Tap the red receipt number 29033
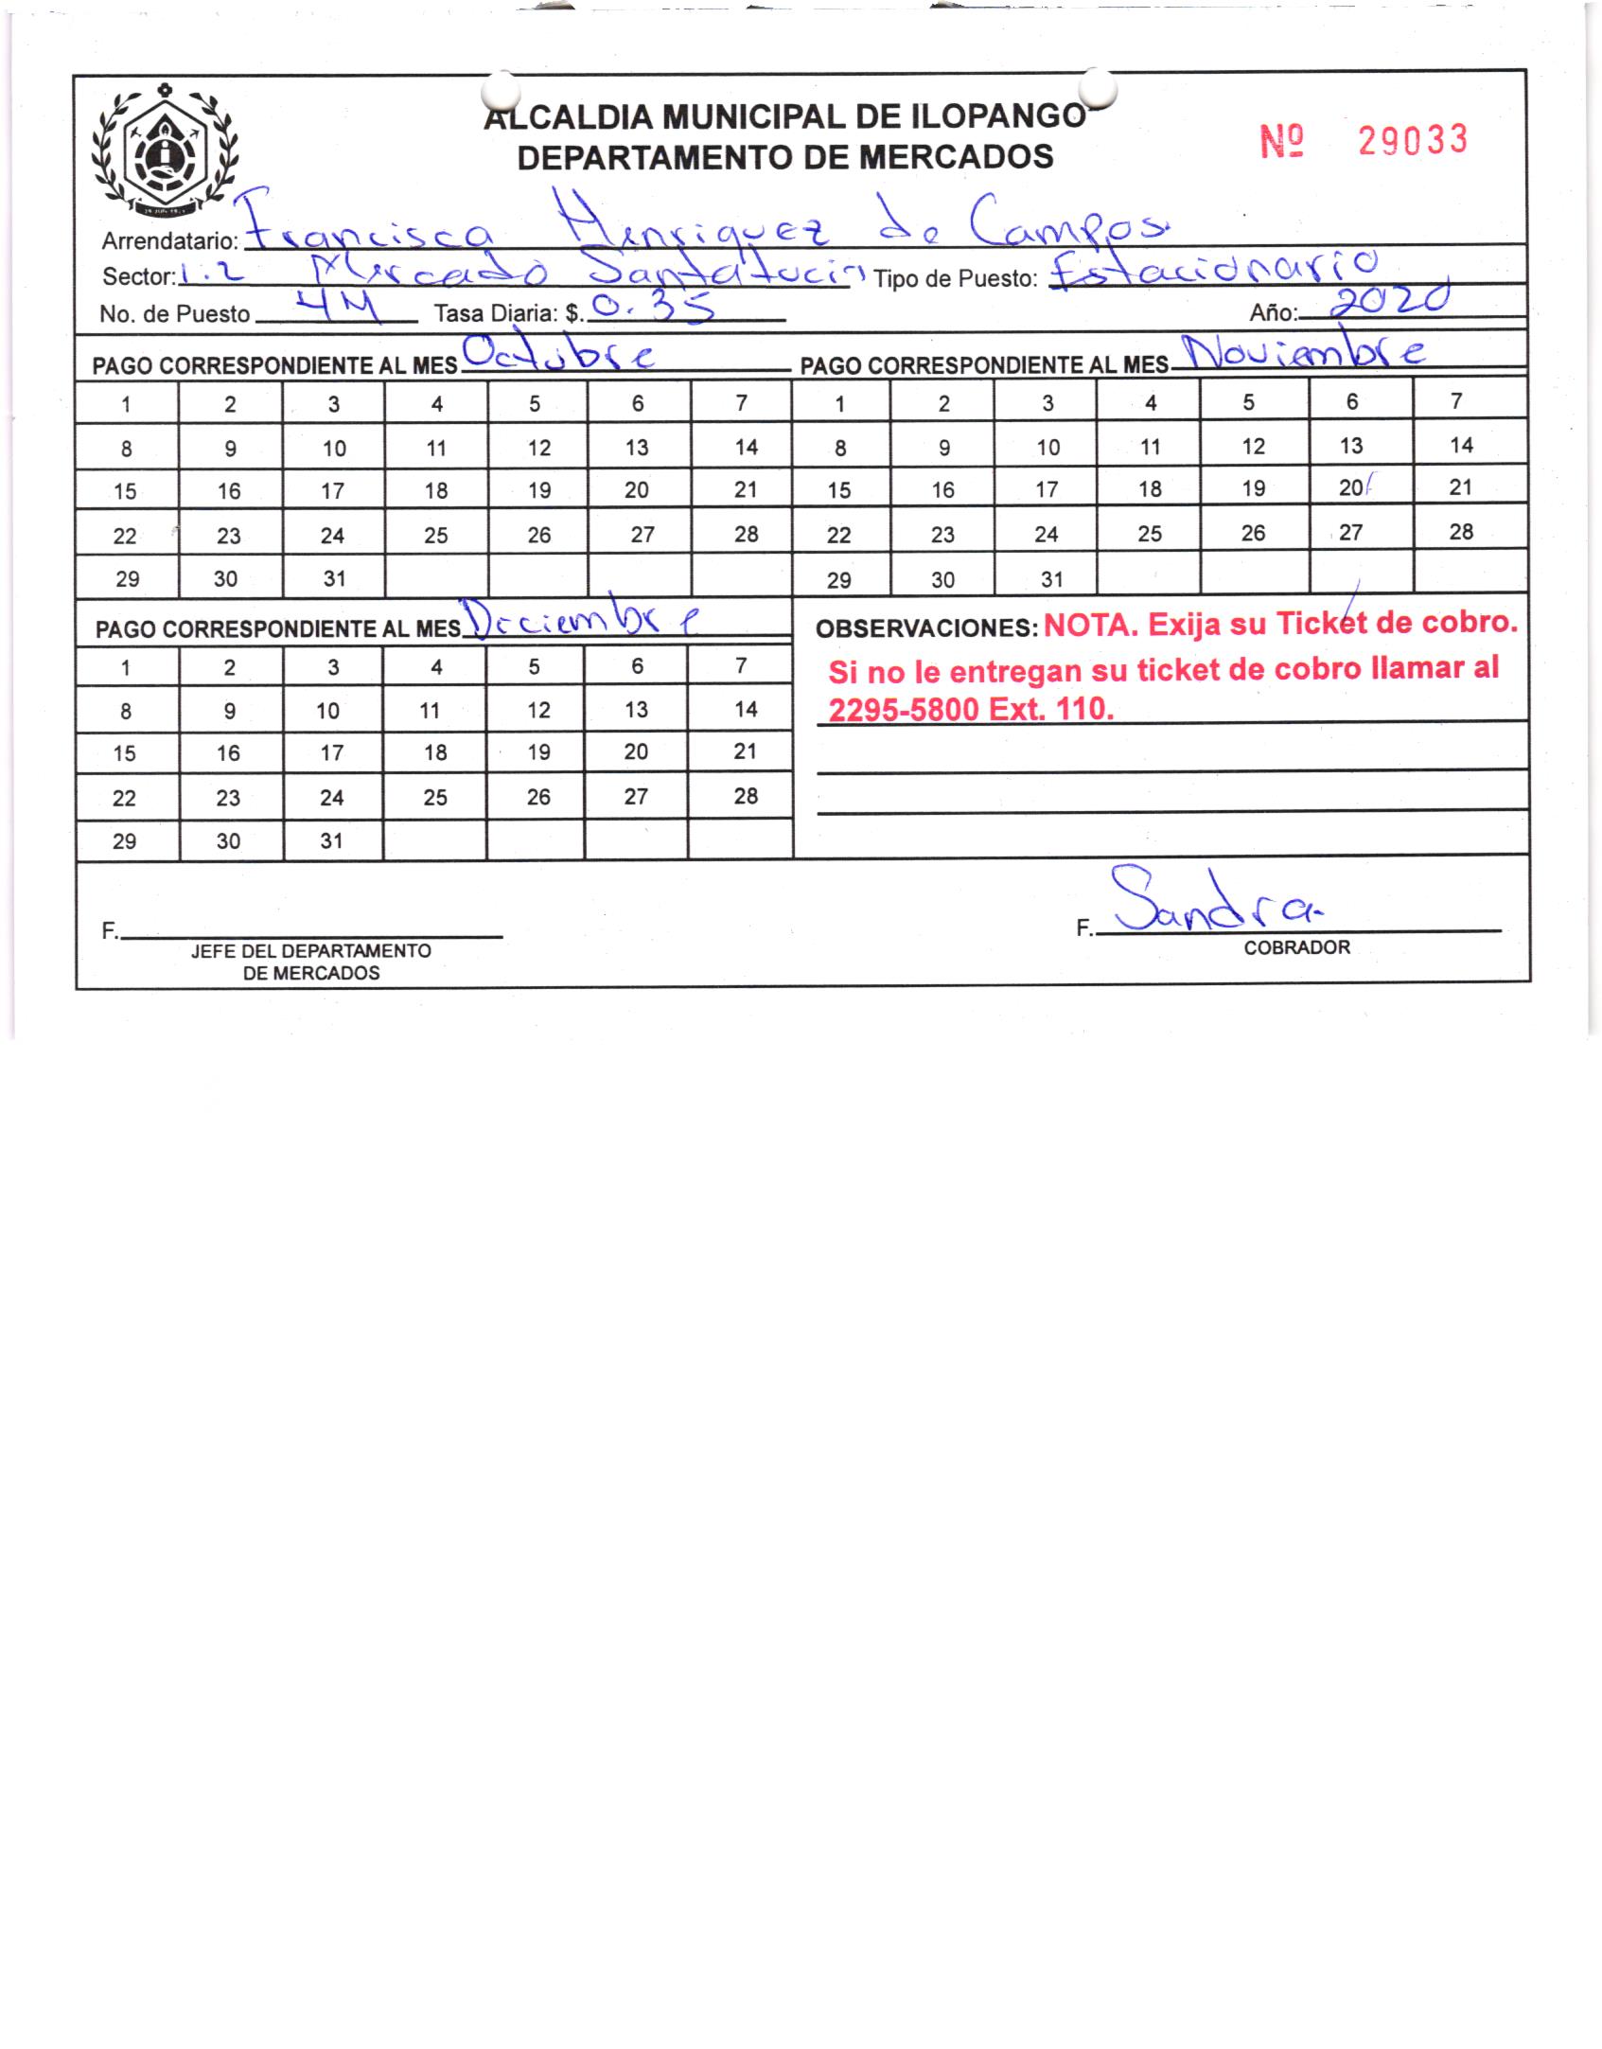coord(1412,141)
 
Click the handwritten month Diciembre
coord(587,618)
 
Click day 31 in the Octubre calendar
coord(334,578)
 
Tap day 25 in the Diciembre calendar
coord(435,797)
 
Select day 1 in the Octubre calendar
coord(126,404)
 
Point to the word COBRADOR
coord(1296,947)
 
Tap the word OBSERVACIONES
coord(926,627)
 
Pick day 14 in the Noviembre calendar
coord(1461,445)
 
